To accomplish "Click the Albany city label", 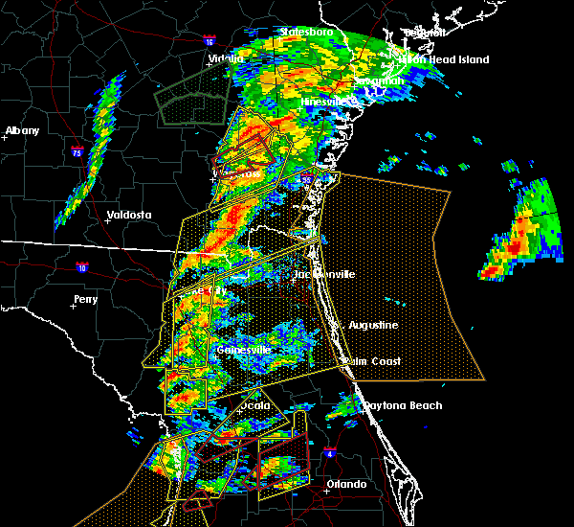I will pos(23,130).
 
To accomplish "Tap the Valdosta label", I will pos(128,216).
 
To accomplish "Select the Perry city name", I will pos(85,300).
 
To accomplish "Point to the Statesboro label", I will pos(306,32).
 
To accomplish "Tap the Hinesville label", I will pos(326,102).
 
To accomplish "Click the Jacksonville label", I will pos(324,275).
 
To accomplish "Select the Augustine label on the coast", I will pos(372,326).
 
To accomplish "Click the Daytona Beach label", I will pos(403,405).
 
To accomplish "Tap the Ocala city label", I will pos(254,405).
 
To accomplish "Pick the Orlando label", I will pos(346,485).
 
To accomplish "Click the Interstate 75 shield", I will pos(77,151).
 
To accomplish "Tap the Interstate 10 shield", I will pos(83,267).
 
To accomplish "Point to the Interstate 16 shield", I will pos(210,41).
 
